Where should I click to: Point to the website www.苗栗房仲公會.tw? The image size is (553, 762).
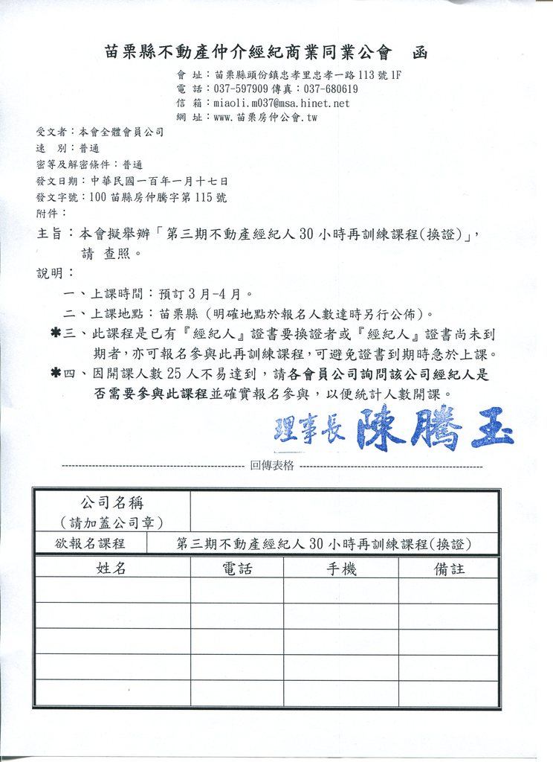265,117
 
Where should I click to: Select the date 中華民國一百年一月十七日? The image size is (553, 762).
159,181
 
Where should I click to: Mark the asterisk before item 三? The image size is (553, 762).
55,334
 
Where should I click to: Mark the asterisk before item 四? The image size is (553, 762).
55,374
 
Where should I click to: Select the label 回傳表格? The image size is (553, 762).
272,466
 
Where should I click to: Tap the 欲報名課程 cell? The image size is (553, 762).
91,543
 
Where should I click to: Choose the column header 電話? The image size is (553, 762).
236,569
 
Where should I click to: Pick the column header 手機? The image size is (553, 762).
341,569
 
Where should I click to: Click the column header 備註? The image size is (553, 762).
449,569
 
